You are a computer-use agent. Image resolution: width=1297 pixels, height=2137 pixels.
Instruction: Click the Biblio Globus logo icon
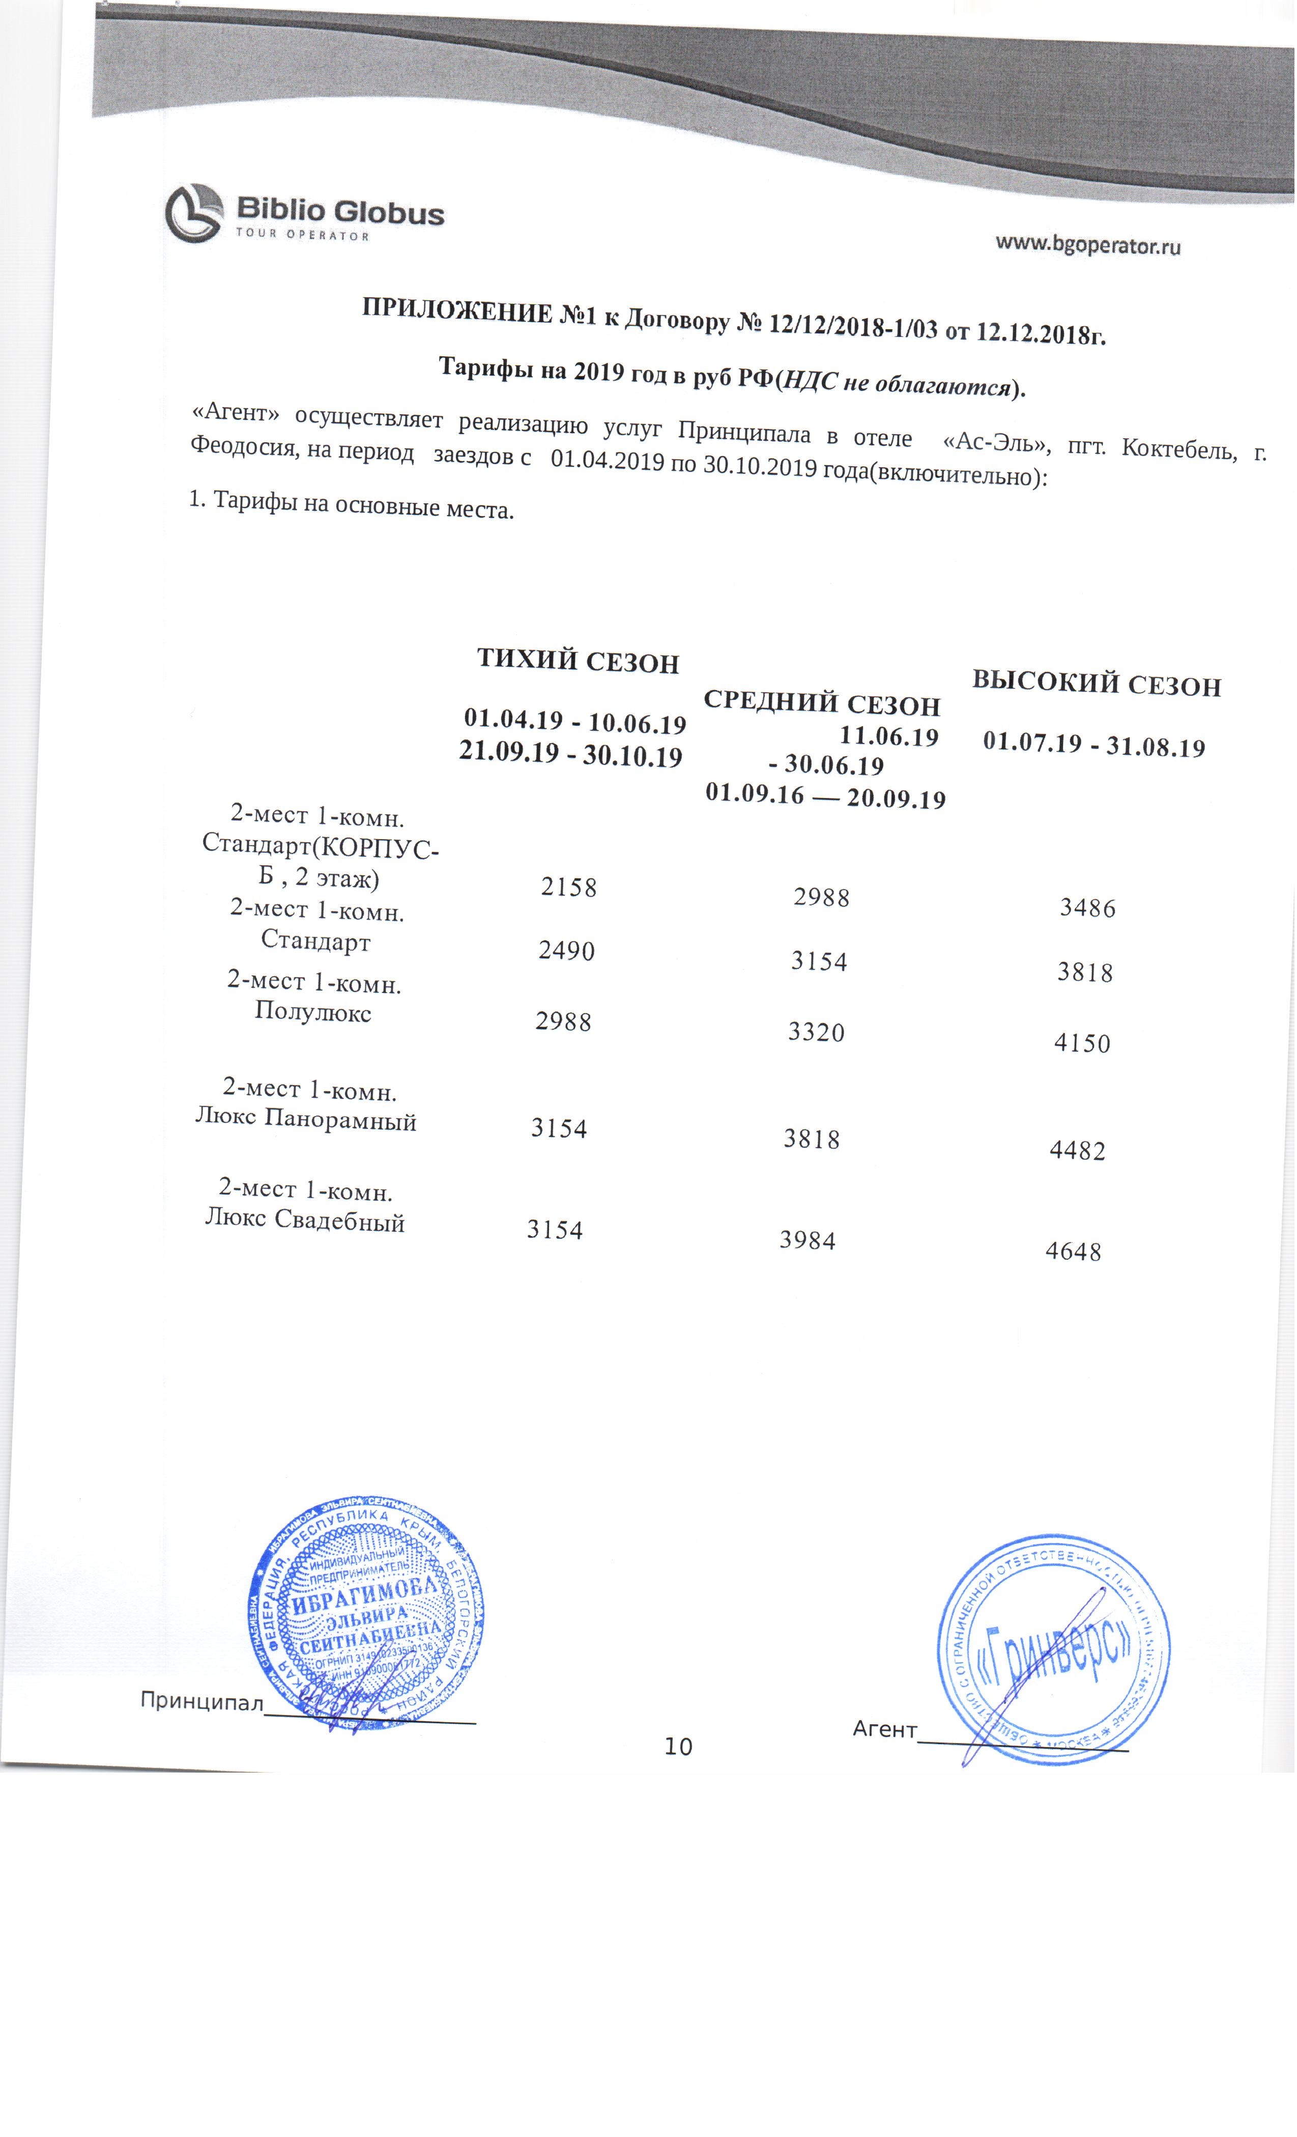(194, 213)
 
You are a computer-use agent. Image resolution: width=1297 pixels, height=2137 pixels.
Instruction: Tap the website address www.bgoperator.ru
(1087, 245)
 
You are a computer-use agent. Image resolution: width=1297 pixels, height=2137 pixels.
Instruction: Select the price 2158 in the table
(569, 887)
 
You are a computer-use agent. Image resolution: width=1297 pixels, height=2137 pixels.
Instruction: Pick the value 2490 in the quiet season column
(566, 951)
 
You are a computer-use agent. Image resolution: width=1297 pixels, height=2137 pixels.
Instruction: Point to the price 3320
(816, 1032)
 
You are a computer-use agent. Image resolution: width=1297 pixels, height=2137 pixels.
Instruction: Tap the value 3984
(807, 1240)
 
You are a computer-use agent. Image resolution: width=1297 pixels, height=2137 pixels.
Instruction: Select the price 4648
(1073, 1251)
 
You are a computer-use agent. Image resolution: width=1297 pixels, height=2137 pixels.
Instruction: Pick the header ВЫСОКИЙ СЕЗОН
(1096, 685)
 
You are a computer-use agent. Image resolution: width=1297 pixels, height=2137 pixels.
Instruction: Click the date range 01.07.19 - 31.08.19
(1094, 746)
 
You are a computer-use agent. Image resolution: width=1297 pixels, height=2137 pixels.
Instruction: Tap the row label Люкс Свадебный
(305, 1220)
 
